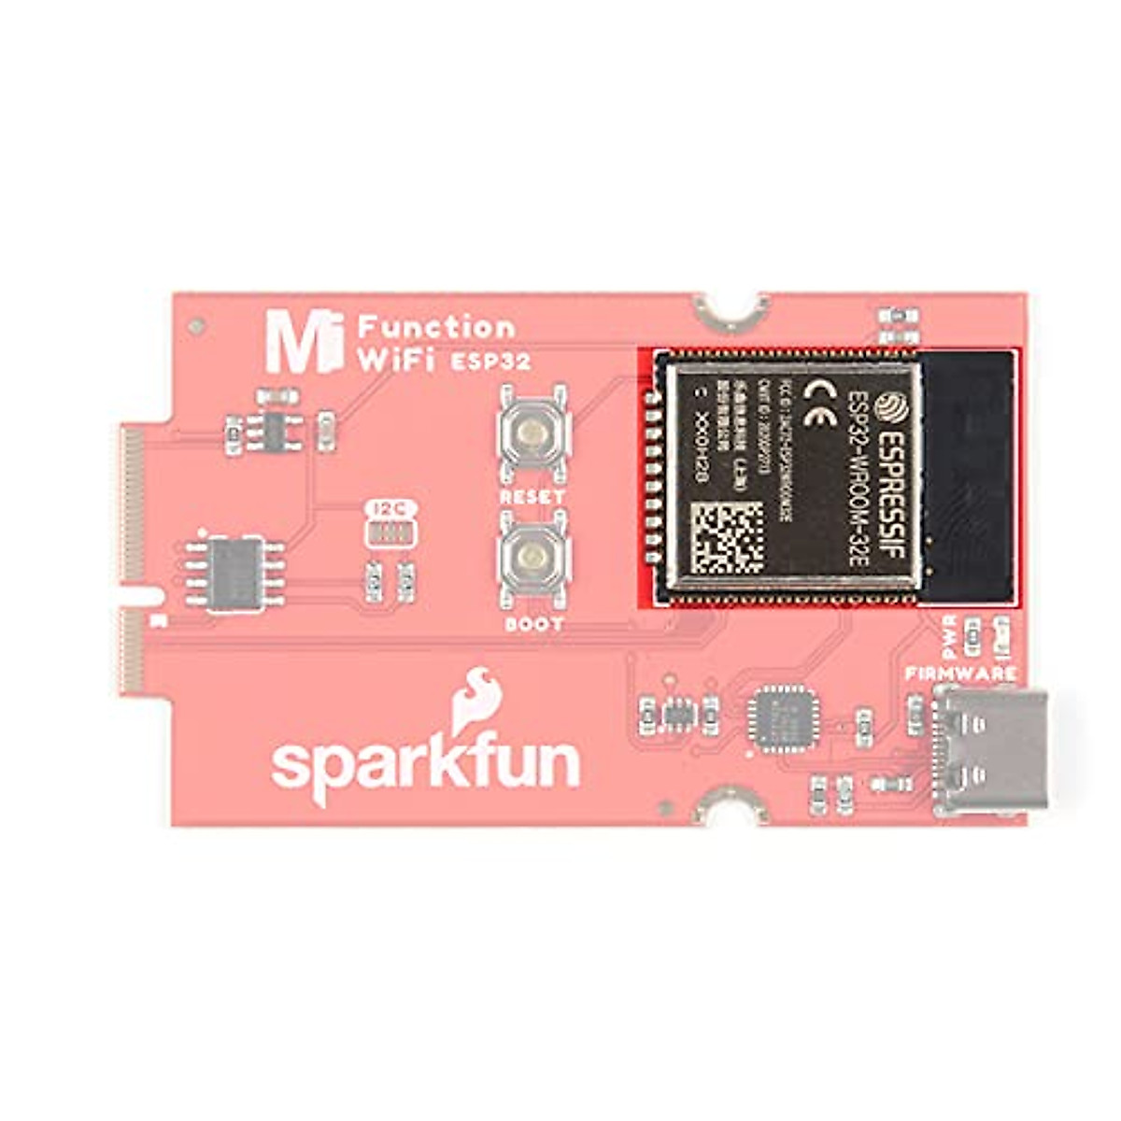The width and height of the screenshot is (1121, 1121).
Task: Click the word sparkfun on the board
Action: pyautogui.click(x=426, y=765)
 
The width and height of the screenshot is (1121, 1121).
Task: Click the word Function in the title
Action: pyautogui.click(x=436, y=327)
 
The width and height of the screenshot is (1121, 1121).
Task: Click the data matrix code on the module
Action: pyautogui.click(x=727, y=537)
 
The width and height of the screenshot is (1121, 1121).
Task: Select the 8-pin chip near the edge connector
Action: pyautogui.click(x=232, y=572)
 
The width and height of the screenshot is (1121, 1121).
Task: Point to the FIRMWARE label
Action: pyautogui.click(x=959, y=674)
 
